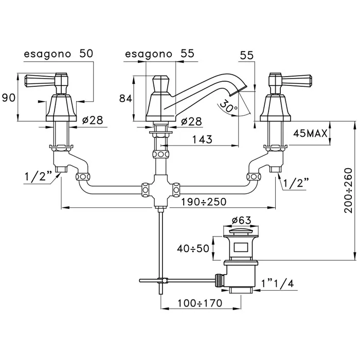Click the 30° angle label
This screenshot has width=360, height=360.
[x=227, y=106]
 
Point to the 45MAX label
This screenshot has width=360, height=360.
[x=311, y=133]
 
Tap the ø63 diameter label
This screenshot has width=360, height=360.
[x=242, y=220]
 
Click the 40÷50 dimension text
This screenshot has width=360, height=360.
[x=193, y=248]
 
